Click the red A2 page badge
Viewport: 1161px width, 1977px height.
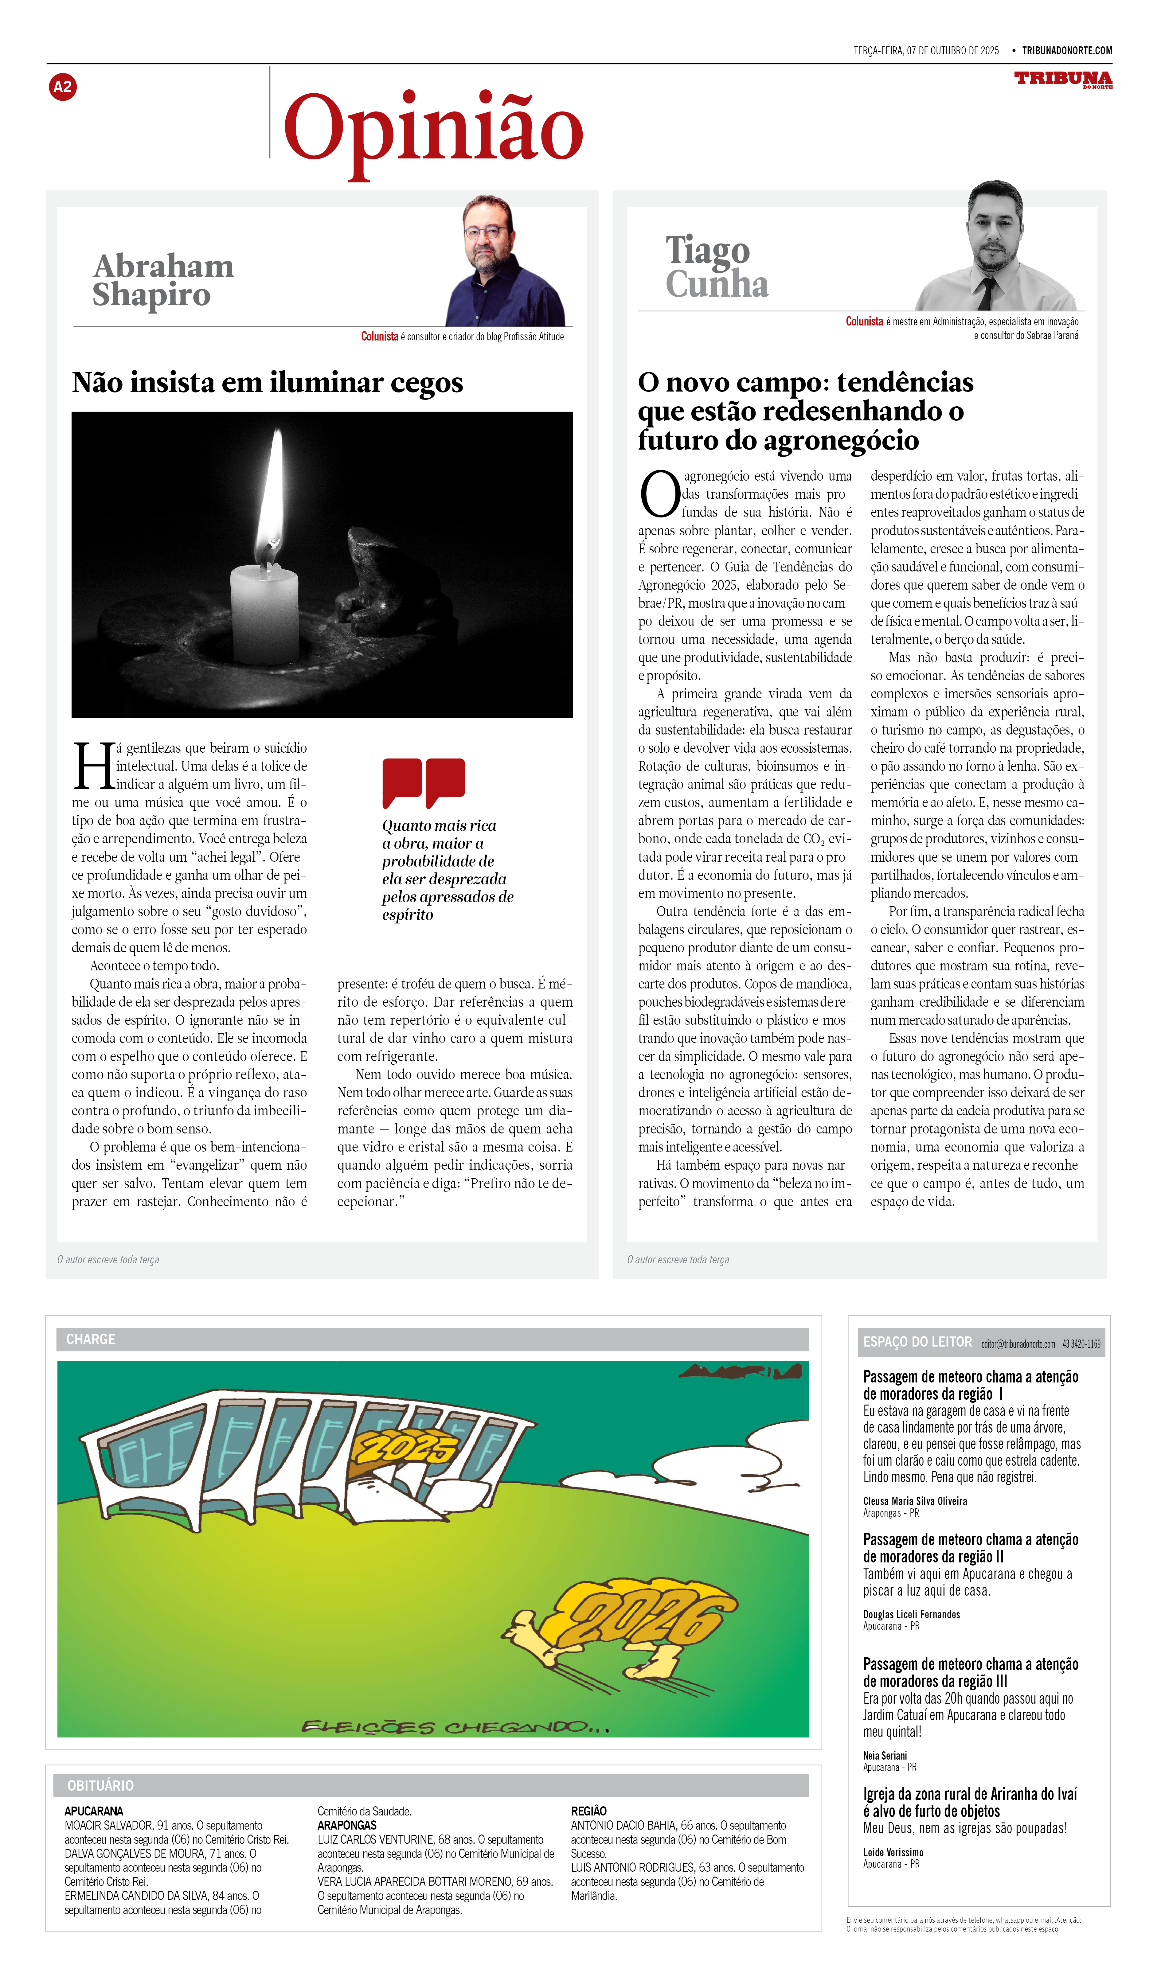tap(63, 87)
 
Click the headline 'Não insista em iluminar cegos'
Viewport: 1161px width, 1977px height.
tap(268, 383)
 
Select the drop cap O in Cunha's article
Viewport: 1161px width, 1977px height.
tap(659, 494)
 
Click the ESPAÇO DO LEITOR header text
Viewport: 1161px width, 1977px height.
tap(917, 1342)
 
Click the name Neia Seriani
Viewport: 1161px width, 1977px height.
tap(885, 1756)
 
